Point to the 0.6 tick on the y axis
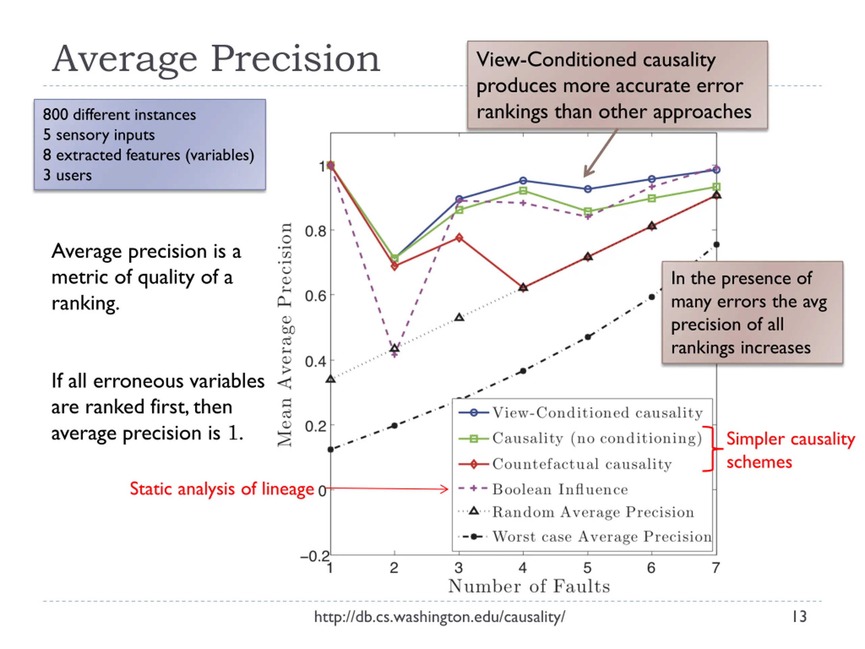tap(315, 296)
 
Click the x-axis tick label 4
tap(523, 568)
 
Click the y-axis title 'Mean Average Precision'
tap(285, 335)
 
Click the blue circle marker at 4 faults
tap(523, 181)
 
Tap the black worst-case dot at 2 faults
tap(395, 426)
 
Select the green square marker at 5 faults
tap(587, 212)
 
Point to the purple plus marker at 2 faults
tap(395, 355)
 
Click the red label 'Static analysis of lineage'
tap(222, 489)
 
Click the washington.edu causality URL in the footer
tap(440, 617)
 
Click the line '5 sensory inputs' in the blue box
tap(99, 135)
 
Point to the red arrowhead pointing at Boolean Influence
tap(445, 489)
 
